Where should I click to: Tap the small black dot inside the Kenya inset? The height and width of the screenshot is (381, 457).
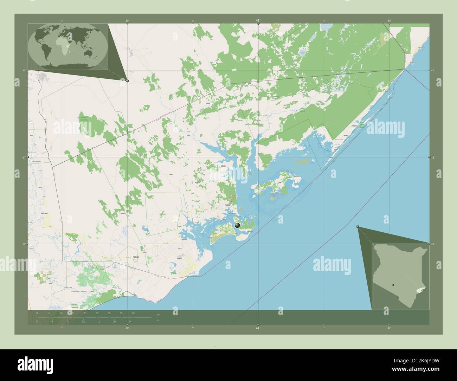pos(393,285)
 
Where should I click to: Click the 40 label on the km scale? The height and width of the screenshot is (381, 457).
pos(133,313)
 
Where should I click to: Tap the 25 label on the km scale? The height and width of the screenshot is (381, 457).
pos(97,313)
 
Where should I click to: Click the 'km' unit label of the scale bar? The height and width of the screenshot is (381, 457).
pos(158,315)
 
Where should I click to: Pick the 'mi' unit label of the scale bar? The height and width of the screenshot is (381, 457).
pos(158,320)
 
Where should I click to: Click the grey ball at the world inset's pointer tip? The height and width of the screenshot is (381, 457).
pos(127,81)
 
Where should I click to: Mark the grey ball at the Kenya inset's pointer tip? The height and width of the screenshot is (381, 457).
pos(358,227)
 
